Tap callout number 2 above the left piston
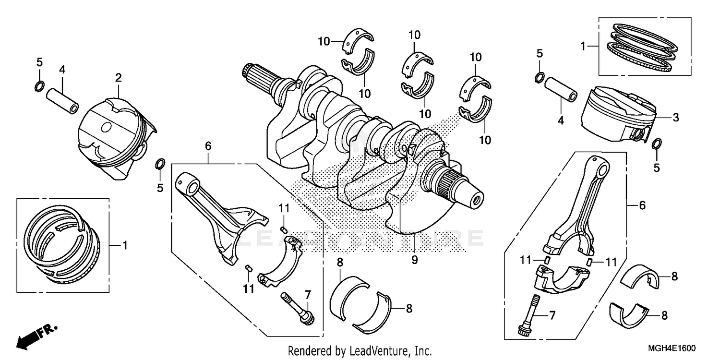119,77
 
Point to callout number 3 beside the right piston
675,118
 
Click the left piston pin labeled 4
63,98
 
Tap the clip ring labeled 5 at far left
40,86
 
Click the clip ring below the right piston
657,144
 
